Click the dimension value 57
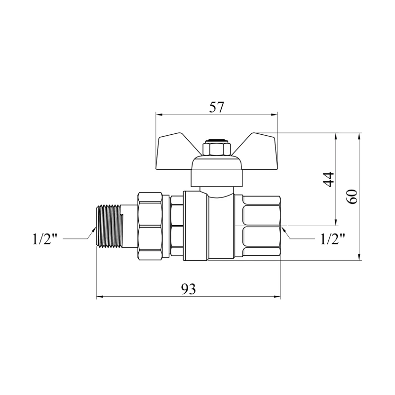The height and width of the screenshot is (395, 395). click(216, 107)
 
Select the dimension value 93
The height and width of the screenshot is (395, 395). click(189, 289)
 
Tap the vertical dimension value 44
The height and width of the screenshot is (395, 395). click(328, 179)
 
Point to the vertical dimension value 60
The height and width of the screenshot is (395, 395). click(352, 197)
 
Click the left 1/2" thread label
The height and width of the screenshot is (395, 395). click(45, 238)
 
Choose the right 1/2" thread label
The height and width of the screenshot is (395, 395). click(332, 238)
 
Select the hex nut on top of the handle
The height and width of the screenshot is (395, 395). click(217, 149)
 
